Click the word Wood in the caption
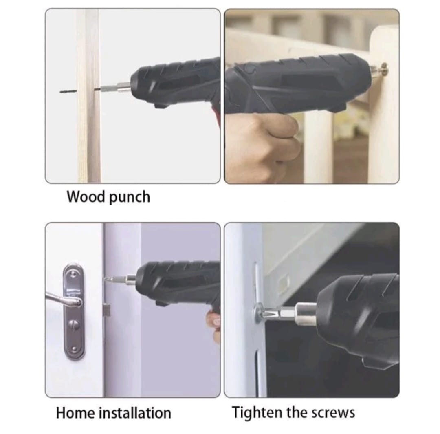tap(86, 196)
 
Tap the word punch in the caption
tap(130, 197)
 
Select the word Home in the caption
tap(75, 413)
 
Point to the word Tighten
tap(257, 413)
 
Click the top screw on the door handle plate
tap(73, 274)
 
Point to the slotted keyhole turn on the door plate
tap(74, 325)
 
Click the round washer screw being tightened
tap(259, 312)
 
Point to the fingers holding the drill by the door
tap(214, 326)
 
